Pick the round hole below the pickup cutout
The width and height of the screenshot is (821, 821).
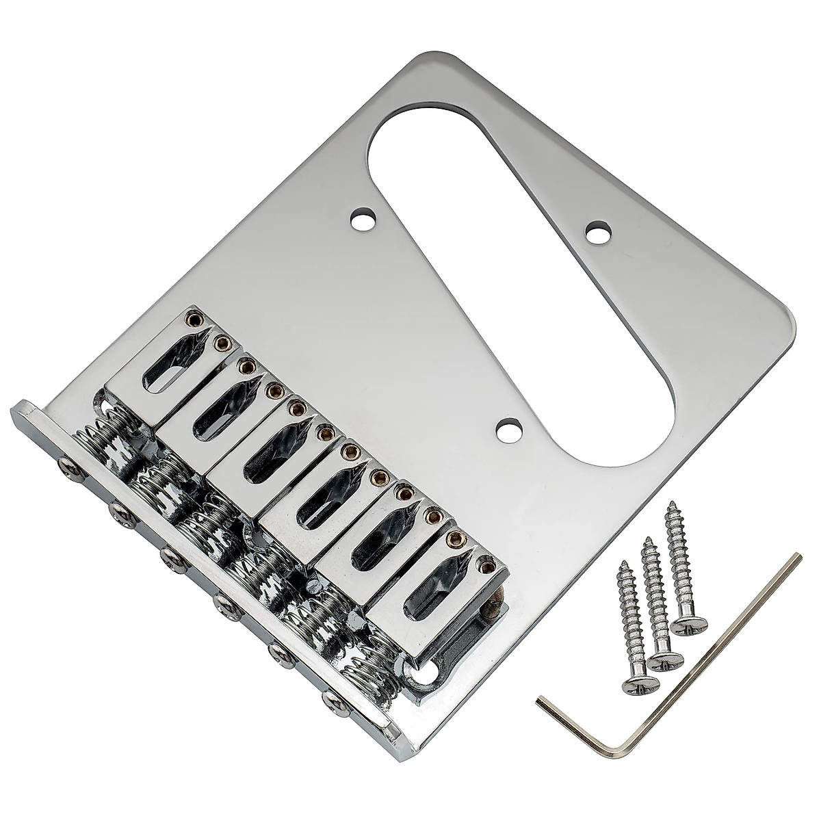508,432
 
